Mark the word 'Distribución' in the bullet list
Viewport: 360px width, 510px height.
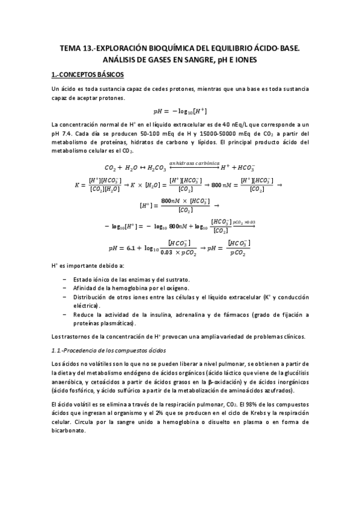click(91, 297)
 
